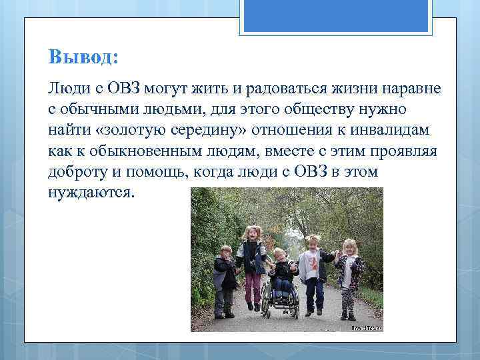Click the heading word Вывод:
(83, 57)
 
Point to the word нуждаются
(91, 192)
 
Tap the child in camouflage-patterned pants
(349, 273)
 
